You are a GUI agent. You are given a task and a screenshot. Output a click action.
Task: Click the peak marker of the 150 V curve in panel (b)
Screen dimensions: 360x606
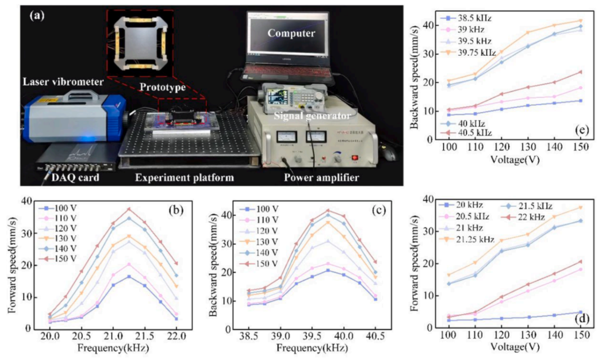pyautogui.click(x=129, y=208)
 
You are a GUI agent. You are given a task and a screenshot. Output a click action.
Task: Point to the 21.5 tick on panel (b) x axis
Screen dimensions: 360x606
pyautogui.click(x=145, y=337)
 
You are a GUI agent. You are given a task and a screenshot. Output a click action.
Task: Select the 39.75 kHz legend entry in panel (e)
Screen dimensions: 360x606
pyautogui.click(x=470, y=53)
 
